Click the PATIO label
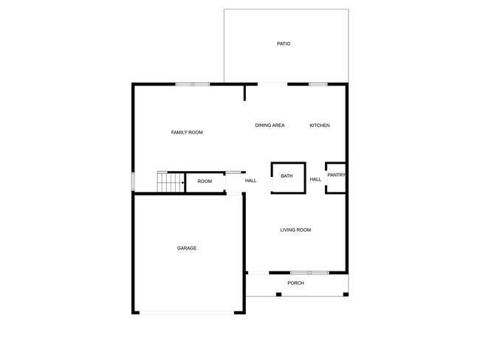tap(284, 44)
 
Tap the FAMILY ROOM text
tap(187, 132)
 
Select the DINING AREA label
tap(270, 125)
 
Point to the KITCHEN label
tap(319, 125)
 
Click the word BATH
tap(287, 176)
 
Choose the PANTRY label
tap(336, 175)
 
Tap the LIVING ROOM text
tap(295, 230)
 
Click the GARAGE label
tap(187, 248)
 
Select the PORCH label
tap(296, 283)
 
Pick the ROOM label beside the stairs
tap(205, 181)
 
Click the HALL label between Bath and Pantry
tap(315, 179)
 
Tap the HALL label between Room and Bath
tap(251, 181)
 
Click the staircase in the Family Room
tap(171, 181)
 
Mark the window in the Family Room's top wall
tap(192, 84)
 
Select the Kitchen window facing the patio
tap(318, 84)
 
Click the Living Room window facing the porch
tap(309, 272)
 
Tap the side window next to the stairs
tap(133, 181)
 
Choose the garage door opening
tap(187, 313)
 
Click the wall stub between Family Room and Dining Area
tap(244, 93)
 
